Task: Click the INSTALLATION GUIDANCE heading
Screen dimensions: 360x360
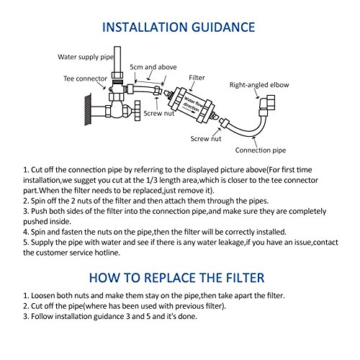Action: pos(179,27)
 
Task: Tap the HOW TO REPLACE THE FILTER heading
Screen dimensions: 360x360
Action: pos(176,278)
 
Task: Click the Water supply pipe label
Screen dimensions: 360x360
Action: pos(86,57)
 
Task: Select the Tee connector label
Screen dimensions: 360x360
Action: pos(85,78)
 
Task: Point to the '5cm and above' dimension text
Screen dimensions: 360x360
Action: pos(153,67)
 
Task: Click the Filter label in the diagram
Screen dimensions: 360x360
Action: pos(197,78)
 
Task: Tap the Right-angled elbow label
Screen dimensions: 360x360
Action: pos(259,85)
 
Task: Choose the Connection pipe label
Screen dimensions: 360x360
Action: pos(261,150)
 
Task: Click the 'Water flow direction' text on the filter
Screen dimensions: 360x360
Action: pos(192,104)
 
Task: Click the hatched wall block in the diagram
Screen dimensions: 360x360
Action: pos(88,109)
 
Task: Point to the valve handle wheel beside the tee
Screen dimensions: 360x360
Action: pos(138,111)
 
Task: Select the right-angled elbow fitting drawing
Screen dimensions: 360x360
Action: pos(266,104)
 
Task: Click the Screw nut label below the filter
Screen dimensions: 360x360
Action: pos(206,139)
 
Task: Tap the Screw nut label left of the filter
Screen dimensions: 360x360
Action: pos(158,113)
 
